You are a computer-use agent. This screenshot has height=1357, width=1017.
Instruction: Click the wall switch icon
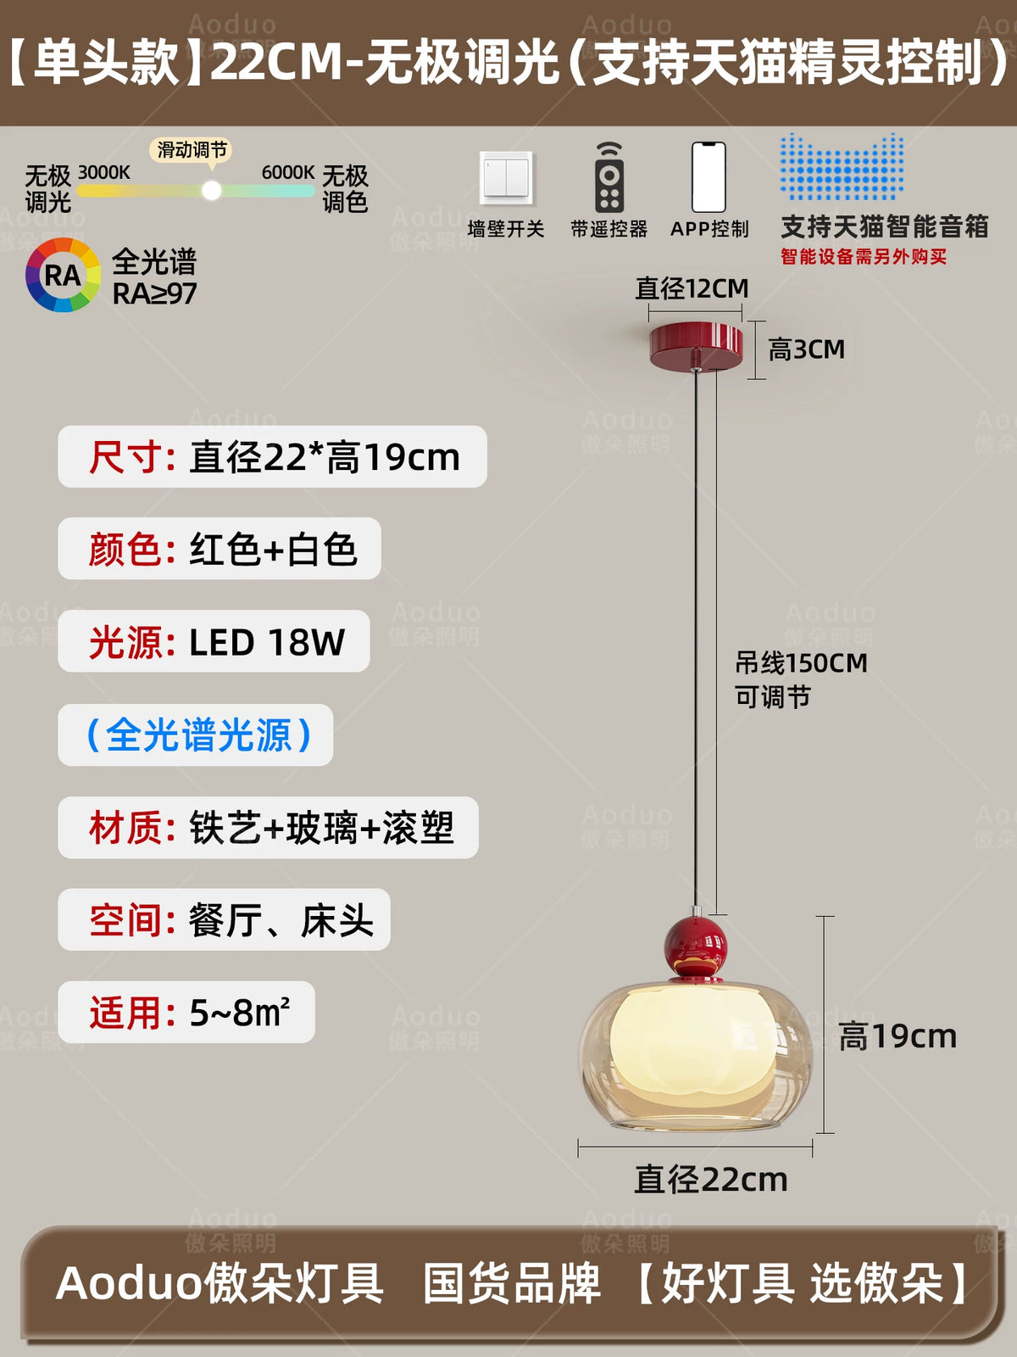coord(506,178)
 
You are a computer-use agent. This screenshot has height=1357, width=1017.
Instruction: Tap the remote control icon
coord(609,177)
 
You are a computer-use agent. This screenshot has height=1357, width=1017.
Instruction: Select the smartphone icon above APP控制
coord(709,177)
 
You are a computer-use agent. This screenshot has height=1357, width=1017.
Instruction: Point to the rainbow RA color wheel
coord(63,275)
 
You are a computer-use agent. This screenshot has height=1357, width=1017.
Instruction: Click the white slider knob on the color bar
coord(211,191)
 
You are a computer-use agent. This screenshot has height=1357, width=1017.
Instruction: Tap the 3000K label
coord(103,172)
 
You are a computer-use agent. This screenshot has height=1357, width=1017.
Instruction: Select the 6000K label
coord(288,172)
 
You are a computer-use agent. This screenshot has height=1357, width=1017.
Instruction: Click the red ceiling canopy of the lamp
coord(696,344)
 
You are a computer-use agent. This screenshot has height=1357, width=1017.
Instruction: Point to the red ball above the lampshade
coord(695,947)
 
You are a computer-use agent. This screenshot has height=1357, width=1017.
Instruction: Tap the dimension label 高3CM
coord(807,349)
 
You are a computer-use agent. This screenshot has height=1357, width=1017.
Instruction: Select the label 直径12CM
coord(692,288)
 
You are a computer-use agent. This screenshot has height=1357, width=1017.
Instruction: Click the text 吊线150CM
coord(801,662)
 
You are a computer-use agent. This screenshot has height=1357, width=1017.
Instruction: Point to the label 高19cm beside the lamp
coord(898,1036)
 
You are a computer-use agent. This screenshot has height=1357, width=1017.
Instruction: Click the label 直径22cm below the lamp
coord(711,1180)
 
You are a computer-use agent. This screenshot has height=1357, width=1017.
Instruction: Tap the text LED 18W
coord(267,642)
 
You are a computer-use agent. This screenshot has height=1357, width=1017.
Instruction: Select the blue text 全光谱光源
coord(199,735)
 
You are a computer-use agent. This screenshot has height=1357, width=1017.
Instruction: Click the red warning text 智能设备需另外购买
coord(864,257)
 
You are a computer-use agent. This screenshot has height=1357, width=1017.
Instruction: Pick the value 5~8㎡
coord(240,1014)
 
